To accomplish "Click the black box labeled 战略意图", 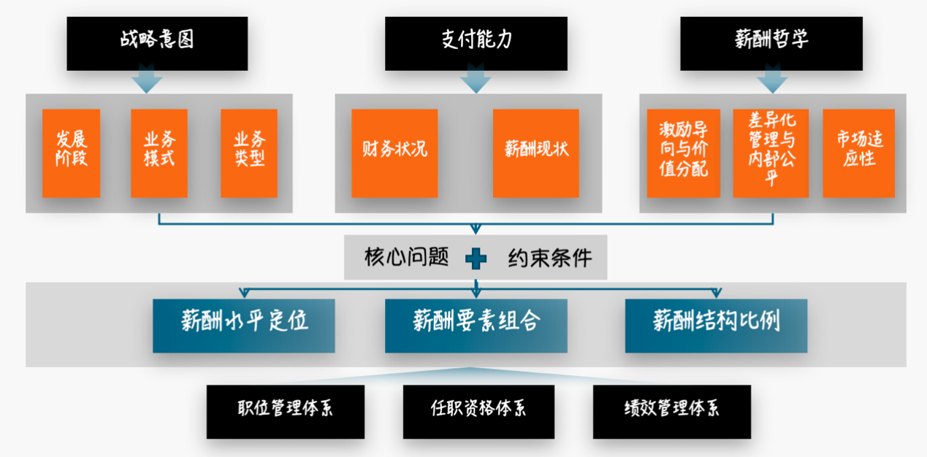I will click(157, 43).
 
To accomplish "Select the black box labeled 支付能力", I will click(476, 43).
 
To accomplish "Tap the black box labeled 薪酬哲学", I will click(771, 43).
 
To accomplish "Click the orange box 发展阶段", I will click(71, 153).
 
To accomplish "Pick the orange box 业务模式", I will click(159, 153).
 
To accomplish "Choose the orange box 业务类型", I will click(249, 153).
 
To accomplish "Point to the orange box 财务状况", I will click(394, 153).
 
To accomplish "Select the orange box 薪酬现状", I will click(536, 153).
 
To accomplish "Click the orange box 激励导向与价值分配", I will click(684, 153).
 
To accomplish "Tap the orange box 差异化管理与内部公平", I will click(771, 153).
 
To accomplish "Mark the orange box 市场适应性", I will click(858, 153).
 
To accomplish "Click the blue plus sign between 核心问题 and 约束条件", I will click(476, 258).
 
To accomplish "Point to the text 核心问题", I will click(406, 258).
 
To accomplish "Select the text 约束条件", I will click(550, 258).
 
